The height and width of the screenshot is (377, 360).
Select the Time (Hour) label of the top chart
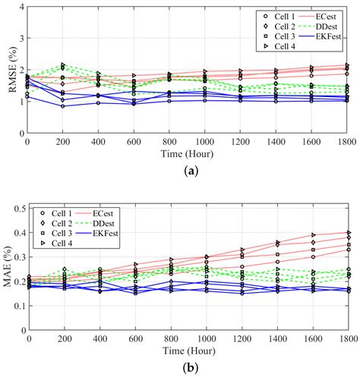188,153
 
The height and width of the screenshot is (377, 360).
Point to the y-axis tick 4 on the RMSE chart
21,7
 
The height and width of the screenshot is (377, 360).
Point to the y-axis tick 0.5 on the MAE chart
18,207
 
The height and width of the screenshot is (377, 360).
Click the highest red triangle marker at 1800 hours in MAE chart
348,232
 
